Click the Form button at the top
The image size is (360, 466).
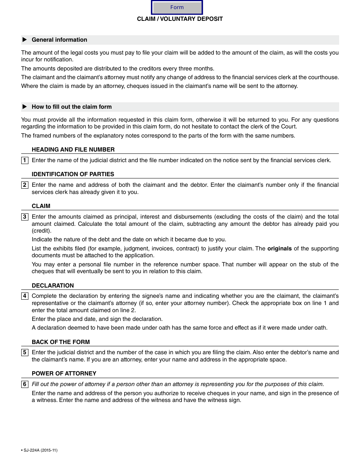(x=177, y=7)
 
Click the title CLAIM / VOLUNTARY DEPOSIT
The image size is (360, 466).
(x=180, y=19)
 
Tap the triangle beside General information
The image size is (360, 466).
(x=25, y=40)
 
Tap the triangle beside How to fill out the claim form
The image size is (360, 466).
(x=25, y=107)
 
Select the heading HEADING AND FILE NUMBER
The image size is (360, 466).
(x=73, y=150)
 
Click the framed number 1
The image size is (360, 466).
(x=25, y=160)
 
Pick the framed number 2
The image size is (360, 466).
(x=25, y=185)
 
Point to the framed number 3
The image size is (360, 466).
(x=25, y=217)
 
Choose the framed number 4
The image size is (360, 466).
(x=25, y=296)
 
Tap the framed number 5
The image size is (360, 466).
(x=25, y=352)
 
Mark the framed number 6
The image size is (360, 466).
(x=25, y=385)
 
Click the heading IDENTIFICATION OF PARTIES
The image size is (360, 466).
(x=73, y=174)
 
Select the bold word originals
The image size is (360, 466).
(x=279, y=249)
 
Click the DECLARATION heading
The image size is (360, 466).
(x=53, y=286)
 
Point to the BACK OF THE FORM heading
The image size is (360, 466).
(x=61, y=342)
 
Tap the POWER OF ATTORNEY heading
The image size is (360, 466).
(x=64, y=374)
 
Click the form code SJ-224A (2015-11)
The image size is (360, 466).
(x=40, y=450)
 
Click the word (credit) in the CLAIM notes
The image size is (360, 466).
(x=41, y=231)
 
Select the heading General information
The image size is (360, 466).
(x=59, y=40)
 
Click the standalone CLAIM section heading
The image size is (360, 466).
(x=41, y=206)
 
